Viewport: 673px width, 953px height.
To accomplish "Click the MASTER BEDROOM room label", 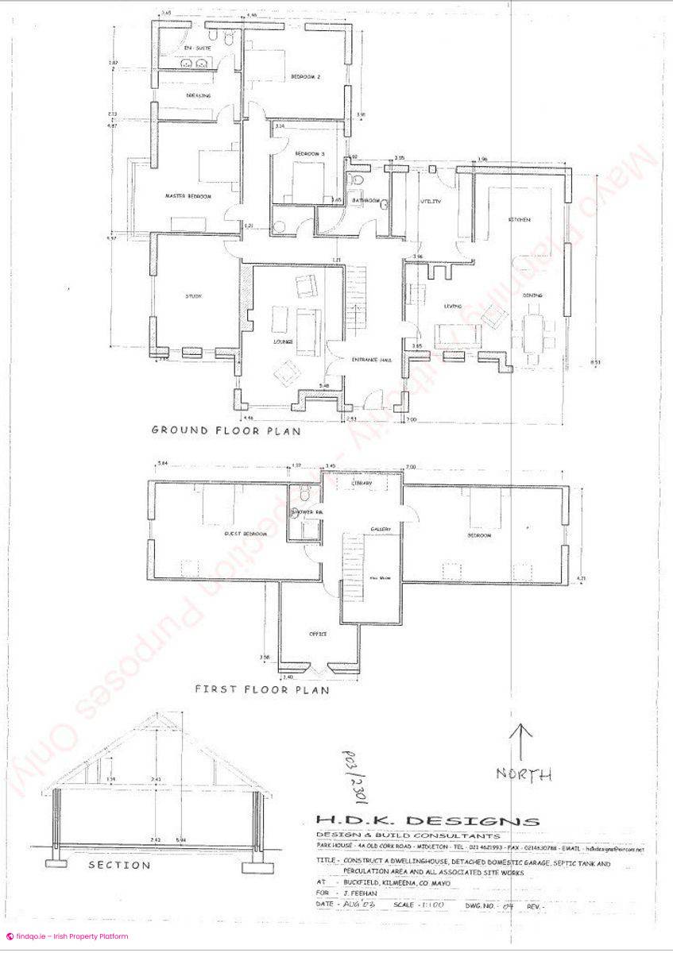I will coord(188,196).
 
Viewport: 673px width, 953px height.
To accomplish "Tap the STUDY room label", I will coord(194,296).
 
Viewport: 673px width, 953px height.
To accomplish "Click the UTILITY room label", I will coord(430,203).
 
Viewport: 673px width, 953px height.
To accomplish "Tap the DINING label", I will coord(532,295).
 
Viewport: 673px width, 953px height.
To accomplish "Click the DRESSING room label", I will coord(199,95).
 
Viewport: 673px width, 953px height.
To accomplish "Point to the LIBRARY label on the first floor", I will coord(362,483).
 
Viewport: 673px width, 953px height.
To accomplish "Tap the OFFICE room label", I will coord(318,634).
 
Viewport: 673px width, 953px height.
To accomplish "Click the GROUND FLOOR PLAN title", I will coord(226,431).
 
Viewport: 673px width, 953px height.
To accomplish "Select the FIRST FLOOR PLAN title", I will coord(262,689).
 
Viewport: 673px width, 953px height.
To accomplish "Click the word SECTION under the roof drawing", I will coord(119,865).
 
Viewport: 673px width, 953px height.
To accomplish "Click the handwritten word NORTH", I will coord(524,774).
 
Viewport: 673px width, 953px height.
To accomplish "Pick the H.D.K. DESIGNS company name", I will coord(427,821).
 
